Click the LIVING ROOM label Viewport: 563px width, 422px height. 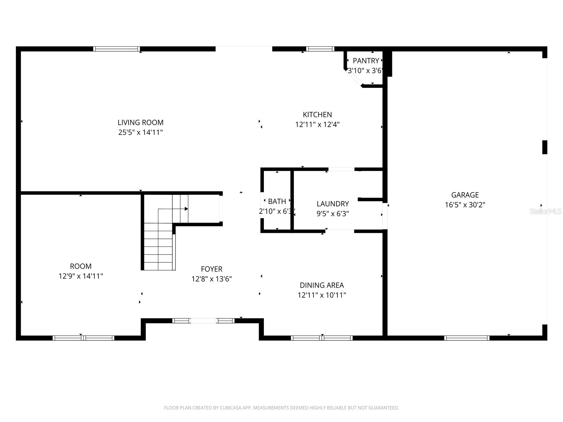(140, 122)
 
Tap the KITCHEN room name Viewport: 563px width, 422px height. (317, 115)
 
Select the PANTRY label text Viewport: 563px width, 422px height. (366, 61)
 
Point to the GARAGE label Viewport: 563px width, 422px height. (465, 195)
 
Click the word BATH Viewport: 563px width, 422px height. (277, 202)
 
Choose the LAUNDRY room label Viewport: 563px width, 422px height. (333, 204)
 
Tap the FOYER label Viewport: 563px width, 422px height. (211, 269)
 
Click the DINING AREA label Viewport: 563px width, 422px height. (322, 285)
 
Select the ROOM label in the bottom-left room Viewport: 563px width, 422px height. (81, 266)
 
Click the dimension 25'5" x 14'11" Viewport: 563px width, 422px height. (140, 132)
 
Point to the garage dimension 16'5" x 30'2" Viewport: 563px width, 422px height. (465, 205)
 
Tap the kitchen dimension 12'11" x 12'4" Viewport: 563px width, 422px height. (317, 124)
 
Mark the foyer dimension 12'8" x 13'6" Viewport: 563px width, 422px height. (211, 279)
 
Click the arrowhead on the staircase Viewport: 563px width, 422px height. (186, 209)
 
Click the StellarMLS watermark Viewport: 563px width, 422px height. (545, 211)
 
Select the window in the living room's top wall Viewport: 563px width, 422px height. (116, 49)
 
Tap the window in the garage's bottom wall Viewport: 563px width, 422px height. (467, 338)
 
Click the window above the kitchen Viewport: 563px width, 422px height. (320, 49)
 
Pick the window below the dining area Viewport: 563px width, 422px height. (322, 338)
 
